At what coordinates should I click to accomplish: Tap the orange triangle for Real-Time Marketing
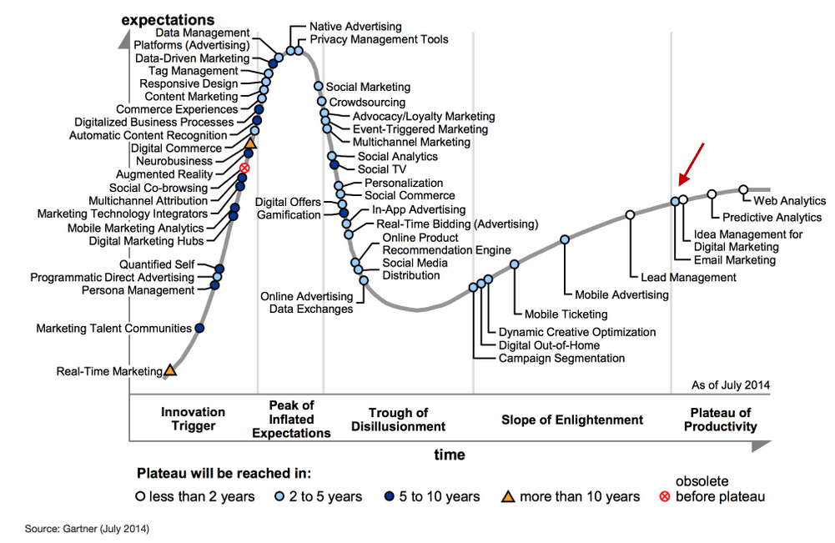pos(170,369)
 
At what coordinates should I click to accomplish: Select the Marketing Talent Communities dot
pos(199,328)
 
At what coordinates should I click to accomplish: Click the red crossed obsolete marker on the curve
pos(244,168)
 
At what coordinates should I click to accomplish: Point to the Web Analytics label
pos(789,201)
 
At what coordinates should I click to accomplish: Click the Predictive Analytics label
pos(760,218)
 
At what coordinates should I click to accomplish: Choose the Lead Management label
pos(688,277)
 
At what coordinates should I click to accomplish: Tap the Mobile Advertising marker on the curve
pos(565,239)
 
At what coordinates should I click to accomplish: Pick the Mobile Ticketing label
pos(566,314)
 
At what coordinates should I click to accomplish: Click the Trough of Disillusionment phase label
pos(398,420)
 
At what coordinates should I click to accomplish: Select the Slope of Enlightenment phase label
pos(572,420)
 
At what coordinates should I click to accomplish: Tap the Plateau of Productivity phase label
pos(721,420)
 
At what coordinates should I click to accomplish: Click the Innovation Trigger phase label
pos(193,419)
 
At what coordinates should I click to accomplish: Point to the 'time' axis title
pos(450,455)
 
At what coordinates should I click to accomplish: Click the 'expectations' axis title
pos(167,19)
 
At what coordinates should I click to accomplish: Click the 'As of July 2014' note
pos(731,385)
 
